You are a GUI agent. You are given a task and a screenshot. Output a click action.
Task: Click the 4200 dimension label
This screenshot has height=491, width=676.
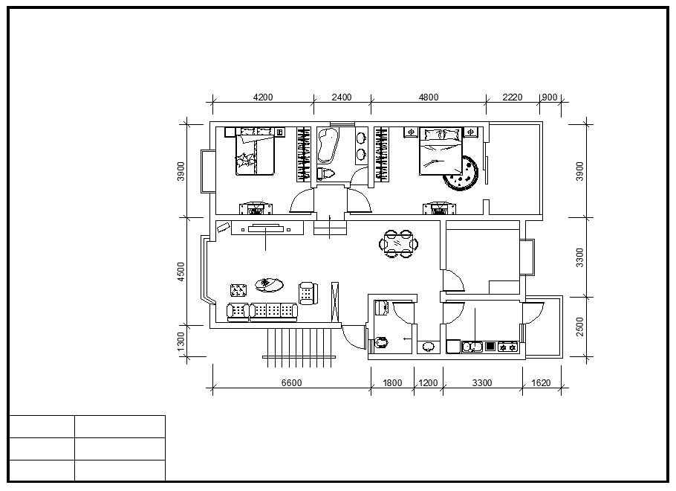tap(262, 97)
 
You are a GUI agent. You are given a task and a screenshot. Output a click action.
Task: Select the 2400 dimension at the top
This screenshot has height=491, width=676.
tap(342, 97)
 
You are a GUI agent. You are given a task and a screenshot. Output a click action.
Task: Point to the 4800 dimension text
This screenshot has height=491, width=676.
tap(429, 97)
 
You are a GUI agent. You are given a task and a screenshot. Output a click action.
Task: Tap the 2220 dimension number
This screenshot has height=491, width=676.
tap(512, 97)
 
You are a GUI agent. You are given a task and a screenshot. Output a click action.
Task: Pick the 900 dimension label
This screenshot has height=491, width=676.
tap(549, 97)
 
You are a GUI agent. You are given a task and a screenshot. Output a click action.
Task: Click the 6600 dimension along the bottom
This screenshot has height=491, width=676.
tap(291, 382)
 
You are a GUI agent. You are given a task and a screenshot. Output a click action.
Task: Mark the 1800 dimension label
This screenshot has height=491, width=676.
tap(392, 382)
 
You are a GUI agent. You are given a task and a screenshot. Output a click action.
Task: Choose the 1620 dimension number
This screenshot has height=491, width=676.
tap(541, 382)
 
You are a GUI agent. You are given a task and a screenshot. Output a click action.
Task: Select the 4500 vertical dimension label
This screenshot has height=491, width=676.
tap(181, 272)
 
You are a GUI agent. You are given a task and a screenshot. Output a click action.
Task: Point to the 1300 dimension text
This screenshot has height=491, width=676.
tap(181, 341)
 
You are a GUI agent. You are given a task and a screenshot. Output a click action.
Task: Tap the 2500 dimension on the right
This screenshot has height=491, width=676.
tap(580, 327)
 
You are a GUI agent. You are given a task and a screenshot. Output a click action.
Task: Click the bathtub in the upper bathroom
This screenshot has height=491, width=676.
tap(328, 146)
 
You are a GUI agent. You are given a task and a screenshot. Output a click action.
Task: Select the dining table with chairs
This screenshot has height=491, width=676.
tap(398, 244)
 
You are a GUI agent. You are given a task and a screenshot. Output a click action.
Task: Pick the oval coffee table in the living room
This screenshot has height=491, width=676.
tap(269, 285)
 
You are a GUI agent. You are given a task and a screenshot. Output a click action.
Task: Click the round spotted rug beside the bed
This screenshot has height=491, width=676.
tap(461, 173)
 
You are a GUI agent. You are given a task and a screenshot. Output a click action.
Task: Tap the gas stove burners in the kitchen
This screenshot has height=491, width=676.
tap(507, 347)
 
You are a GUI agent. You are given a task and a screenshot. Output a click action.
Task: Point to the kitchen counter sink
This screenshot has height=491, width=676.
tap(472, 347)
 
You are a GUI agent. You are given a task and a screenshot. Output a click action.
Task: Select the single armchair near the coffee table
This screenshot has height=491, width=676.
tap(308, 293)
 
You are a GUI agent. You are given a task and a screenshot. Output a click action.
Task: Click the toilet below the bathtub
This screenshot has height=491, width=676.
tap(325, 173)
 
